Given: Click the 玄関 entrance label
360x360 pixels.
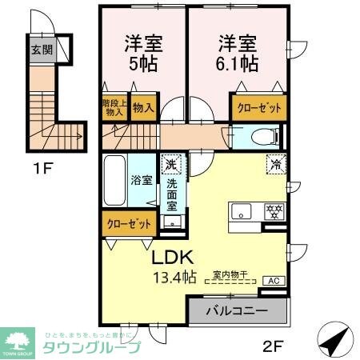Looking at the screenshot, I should pyautogui.click(x=42, y=50).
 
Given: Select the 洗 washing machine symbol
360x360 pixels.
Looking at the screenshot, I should pyautogui.click(x=170, y=165).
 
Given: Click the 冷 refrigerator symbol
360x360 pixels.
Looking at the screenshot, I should pyautogui.click(x=274, y=164).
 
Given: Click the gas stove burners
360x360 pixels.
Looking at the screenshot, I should pyautogui.click(x=274, y=213).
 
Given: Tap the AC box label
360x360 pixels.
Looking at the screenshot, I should pyautogui.click(x=271, y=281).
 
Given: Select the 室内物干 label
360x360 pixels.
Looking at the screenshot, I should pyautogui.click(x=230, y=273).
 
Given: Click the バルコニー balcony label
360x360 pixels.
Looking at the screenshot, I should pyautogui.click(x=236, y=309).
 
